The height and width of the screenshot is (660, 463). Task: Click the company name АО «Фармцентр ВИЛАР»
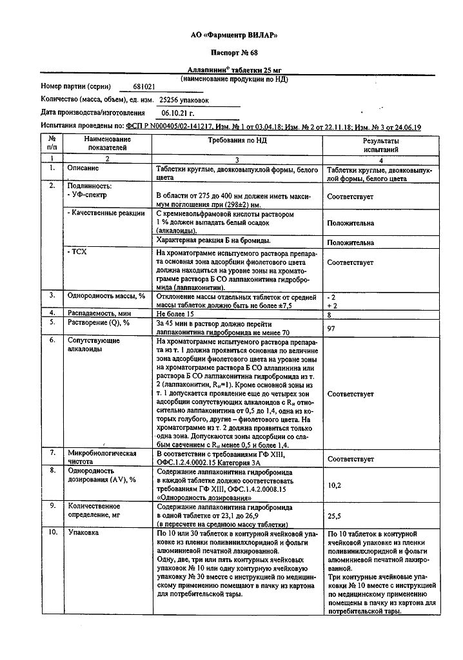pos(234,35)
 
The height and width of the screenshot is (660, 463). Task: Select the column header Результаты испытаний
pos(380,144)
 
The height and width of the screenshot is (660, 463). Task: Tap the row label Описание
pos(84,168)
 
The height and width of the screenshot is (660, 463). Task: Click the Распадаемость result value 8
pos(330,315)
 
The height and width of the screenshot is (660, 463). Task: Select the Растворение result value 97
pos(332,329)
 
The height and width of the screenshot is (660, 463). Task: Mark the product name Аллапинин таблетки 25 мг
pos(233,70)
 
